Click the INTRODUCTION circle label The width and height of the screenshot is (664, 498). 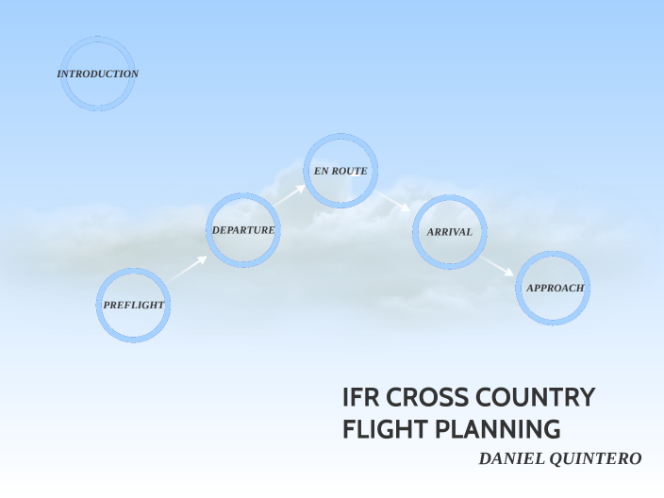click(97, 74)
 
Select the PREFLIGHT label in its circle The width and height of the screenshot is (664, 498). click(134, 305)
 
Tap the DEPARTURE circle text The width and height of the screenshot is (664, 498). click(243, 230)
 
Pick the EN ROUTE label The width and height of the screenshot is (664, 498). click(340, 171)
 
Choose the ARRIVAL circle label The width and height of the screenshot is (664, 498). click(449, 231)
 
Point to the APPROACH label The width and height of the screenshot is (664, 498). click(555, 288)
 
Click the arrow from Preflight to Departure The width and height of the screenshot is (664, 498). click(188, 269)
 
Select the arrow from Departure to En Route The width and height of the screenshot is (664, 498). click(289, 194)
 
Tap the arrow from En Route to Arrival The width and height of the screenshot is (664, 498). click(394, 201)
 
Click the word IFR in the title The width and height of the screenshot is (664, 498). click(358, 398)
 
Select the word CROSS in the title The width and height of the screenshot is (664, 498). click(419, 398)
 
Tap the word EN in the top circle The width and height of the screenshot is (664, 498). click(321, 171)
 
